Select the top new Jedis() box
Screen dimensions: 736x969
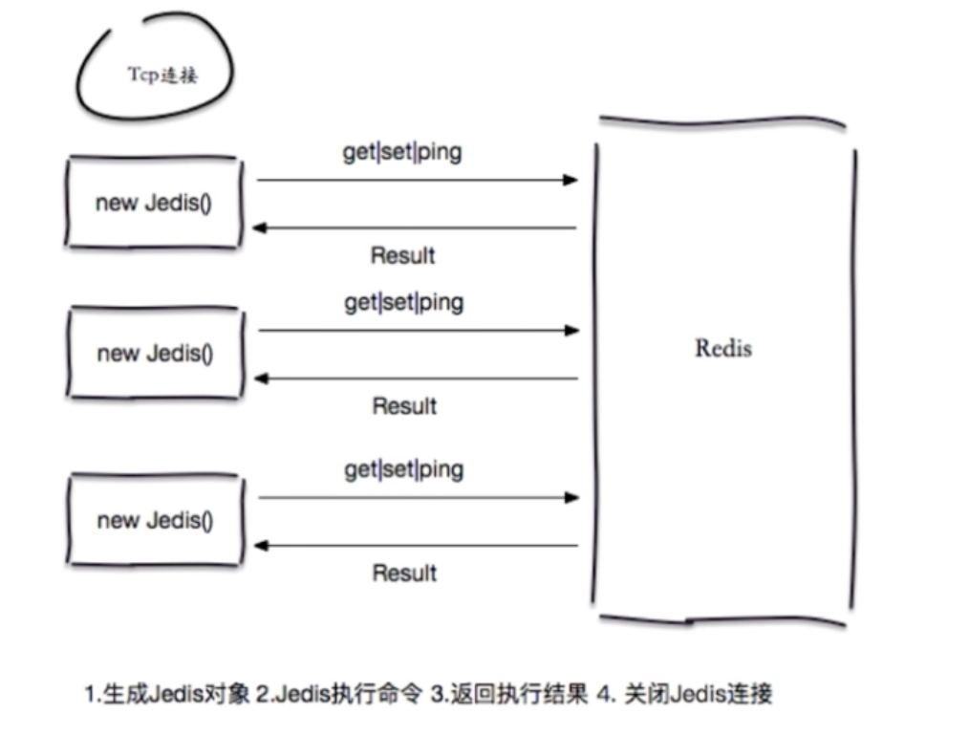pyautogui.click(x=153, y=204)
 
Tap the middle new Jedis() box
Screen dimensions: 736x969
pyautogui.click(x=154, y=353)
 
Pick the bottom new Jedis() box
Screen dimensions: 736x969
pyautogui.click(x=154, y=520)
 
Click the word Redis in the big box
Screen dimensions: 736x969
pyautogui.click(x=723, y=348)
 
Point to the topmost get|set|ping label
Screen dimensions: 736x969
pyautogui.click(x=402, y=153)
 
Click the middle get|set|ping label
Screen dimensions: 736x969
pyautogui.click(x=403, y=303)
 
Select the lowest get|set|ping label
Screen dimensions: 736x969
pyautogui.click(x=403, y=470)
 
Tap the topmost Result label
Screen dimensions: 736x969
pyautogui.click(x=402, y=255)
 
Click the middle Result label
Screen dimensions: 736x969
pyautogui.click(x=403, y=406)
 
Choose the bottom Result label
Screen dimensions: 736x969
pyautogui.click(x=403, y=574)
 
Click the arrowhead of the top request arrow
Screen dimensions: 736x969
pyautogui.click(x=571, y=180)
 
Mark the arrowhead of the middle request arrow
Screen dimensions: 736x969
pyautogui.click(x=572, y=331)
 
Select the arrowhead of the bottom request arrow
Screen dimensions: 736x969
pyautogui.click(x=572, y=498)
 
